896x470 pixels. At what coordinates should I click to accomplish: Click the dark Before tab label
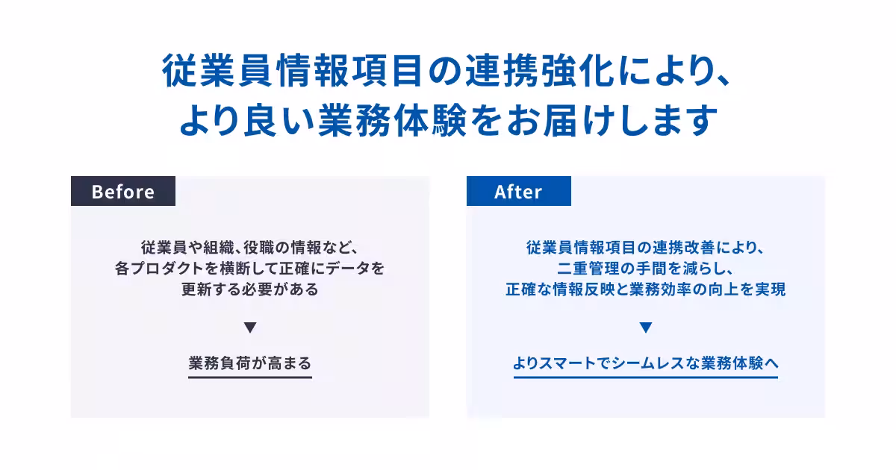(x=123, y=192)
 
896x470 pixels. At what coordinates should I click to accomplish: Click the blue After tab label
(x=518, y=192)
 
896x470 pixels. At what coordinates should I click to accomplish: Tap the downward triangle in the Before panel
(x=250, y=328)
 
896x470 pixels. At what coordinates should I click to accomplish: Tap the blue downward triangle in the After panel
(x=646, y=328)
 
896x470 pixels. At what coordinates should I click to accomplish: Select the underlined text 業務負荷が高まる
(x=250, y=363)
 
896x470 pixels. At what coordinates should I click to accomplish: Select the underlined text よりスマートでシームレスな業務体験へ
(x=646, y=363)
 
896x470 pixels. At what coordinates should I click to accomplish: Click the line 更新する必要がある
(x=250, y=289)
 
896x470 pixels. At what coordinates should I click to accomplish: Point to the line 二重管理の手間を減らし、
(x=646, y=268)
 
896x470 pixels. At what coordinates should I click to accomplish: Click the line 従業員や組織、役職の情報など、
(x=250, y=246)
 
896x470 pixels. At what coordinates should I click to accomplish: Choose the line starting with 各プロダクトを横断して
(x=250, y=268)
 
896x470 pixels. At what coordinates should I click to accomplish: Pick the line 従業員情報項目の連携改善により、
(x=646, y=246)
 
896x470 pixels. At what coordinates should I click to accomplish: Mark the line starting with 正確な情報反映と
(x=646, y=289)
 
